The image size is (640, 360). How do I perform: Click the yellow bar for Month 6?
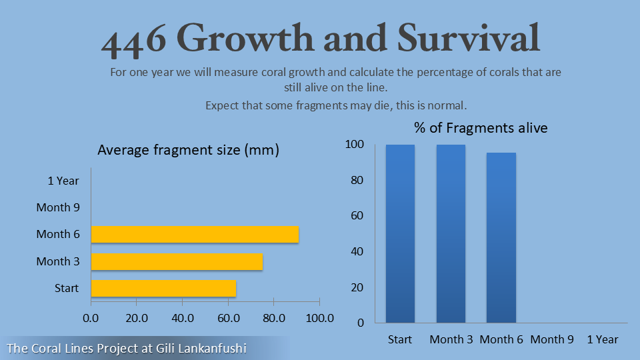(x=195, y=235)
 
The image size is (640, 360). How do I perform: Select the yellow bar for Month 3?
(x=177, y=261)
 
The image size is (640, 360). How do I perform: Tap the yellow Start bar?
(x=163, y=288)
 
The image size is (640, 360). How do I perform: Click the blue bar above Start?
(x=400, y=233)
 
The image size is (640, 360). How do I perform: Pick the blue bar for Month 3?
(x=451, y=233)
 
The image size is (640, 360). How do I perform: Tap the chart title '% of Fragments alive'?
(x=481, y=128)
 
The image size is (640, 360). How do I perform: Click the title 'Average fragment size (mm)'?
(x=188, y=151)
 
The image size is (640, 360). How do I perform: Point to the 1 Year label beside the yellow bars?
(x=63, y=181)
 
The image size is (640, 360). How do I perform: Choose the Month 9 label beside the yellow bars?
(x=58, y=207)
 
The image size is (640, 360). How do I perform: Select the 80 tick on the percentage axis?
(x=357, y=181)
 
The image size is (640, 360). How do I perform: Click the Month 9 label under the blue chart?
(x=552, y=339)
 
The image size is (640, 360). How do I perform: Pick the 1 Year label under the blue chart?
(x=603, y=339)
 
